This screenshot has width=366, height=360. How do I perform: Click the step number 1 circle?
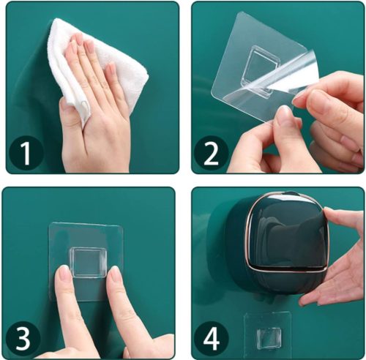[x=26, y=154]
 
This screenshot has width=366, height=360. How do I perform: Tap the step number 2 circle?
[x=211, y=154]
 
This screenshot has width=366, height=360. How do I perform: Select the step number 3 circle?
[x=26, y=339]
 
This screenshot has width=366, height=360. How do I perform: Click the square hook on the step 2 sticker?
[x=268, y=60]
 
